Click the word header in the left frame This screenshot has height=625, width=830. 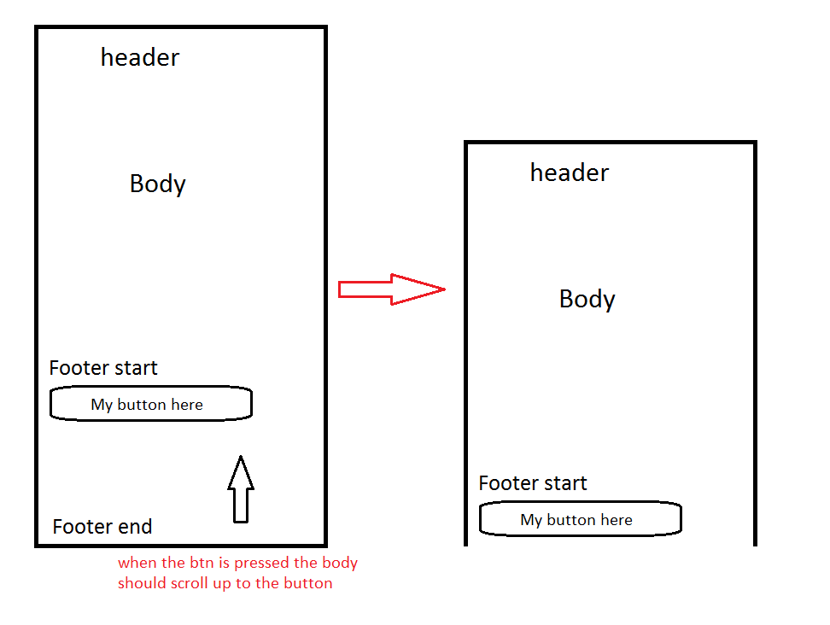pos(140,58)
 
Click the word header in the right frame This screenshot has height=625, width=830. pos(570,173)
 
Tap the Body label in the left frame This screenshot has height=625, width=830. pos(158,184)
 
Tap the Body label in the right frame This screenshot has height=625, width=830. pos(587,300)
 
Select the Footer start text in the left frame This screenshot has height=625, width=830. pos(103,369)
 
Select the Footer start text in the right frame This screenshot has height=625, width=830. pos(533,484)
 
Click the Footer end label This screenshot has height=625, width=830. pos(102,527)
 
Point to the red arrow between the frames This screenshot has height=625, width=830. pos(391,289)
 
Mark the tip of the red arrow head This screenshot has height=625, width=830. pos(445,289)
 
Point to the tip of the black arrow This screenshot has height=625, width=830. pos(241,457)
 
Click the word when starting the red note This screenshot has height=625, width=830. pos(136,564)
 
